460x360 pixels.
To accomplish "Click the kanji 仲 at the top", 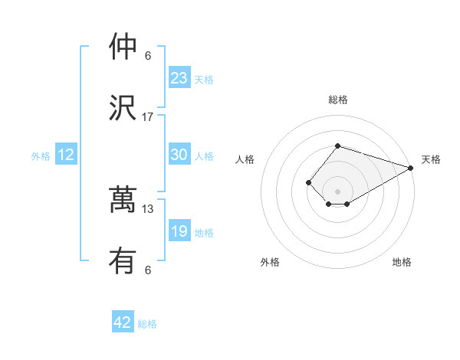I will pyautogui.click(x=123, y=47).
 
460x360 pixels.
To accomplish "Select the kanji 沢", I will pyautogui.click(x=123, y=108).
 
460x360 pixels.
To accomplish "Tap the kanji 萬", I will pyautogui.click(x=123, y=201).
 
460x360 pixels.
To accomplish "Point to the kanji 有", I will pyautogui.click(x=123, y=262).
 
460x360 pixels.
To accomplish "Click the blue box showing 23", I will pyautogui.click(x=179, y=78).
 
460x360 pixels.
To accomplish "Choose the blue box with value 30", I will pyautogui.click(x=179, y=155).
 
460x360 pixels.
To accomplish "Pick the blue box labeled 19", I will pyautogui.click(x=179, y=231).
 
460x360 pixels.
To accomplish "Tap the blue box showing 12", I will pyautogui.click(x=66, y=155).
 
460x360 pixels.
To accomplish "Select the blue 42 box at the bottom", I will pyautogui.click(x=123, y=322).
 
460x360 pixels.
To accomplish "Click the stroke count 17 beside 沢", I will pyautogui.click(x=148, y=117).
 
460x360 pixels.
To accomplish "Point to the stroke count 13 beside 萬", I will pyautogui.click(x=148, y=209).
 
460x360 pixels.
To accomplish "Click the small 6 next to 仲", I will pyautogui.click(x=148, y=56).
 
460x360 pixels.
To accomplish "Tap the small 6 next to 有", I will pyautogui.click(x=148, y=270).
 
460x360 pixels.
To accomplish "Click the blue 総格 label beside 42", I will pyautogui.click(x=147, y=324).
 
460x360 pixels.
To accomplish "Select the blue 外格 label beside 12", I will pyautogui.click(x=41, y=156).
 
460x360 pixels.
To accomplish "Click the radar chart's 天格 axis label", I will pyautogui.click(x=431, y=159).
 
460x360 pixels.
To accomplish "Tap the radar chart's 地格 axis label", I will pyautogui.click(x=402, y=262).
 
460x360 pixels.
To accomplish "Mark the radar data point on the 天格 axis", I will pyautogui.click(x=411, y=168).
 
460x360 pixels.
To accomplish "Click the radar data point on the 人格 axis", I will pyautogui.click(x=308, y=182).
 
